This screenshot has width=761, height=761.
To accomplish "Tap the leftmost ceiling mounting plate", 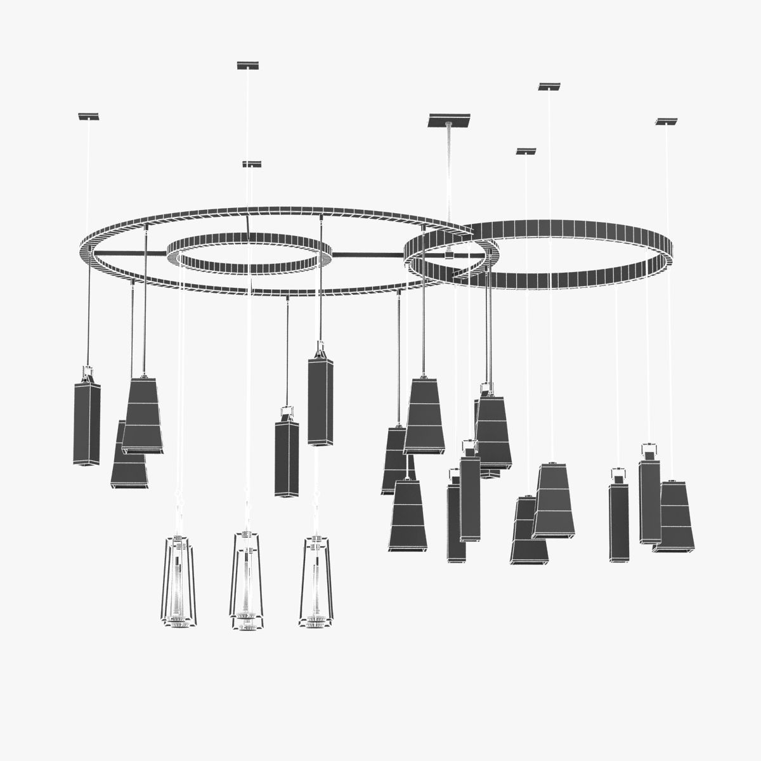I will [89, 117].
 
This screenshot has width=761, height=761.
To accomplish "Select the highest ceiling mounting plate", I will [247, 65].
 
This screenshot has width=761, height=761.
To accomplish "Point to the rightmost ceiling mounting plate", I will [667, 121].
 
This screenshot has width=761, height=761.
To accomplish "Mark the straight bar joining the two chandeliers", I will [368, 255].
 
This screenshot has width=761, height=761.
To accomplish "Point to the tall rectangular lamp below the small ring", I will [320, 400].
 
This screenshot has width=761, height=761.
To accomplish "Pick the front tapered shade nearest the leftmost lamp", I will [142, 415].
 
